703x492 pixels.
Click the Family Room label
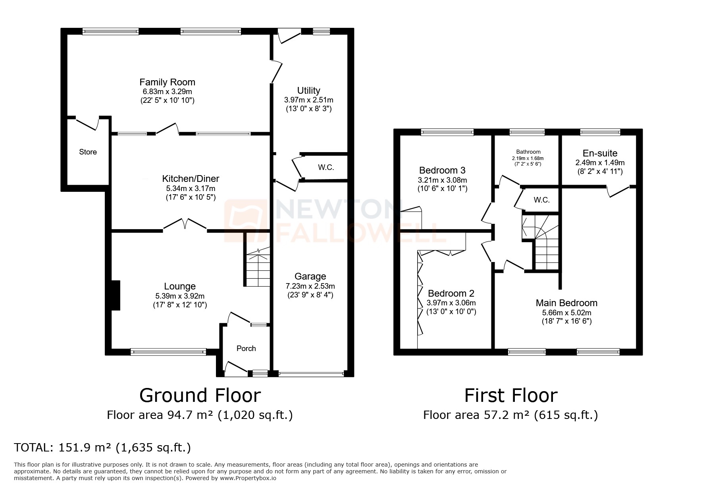coord(167,82)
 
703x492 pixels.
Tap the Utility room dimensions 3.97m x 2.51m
coord(308,100)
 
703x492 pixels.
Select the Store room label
coord(88,152)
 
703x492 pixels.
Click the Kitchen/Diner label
coord(191,179)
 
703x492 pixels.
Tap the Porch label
coord(246,348)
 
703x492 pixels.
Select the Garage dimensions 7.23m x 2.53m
coord(310,286)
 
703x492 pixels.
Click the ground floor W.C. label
coord(326,168)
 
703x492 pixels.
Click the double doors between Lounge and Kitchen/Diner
coord(185,225)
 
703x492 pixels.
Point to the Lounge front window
coord(168,351)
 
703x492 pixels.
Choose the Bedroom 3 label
coord(442,170)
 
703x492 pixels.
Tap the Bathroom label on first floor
coord(528,152)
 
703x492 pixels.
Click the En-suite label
coord(600,153)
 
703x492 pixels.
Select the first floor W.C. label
coord(541,200)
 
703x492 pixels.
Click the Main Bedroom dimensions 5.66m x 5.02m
coord(566,313)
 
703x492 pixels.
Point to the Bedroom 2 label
coord(451,293)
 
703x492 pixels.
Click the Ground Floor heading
coord(200,396)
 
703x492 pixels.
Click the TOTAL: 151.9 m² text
coord(102,448)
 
